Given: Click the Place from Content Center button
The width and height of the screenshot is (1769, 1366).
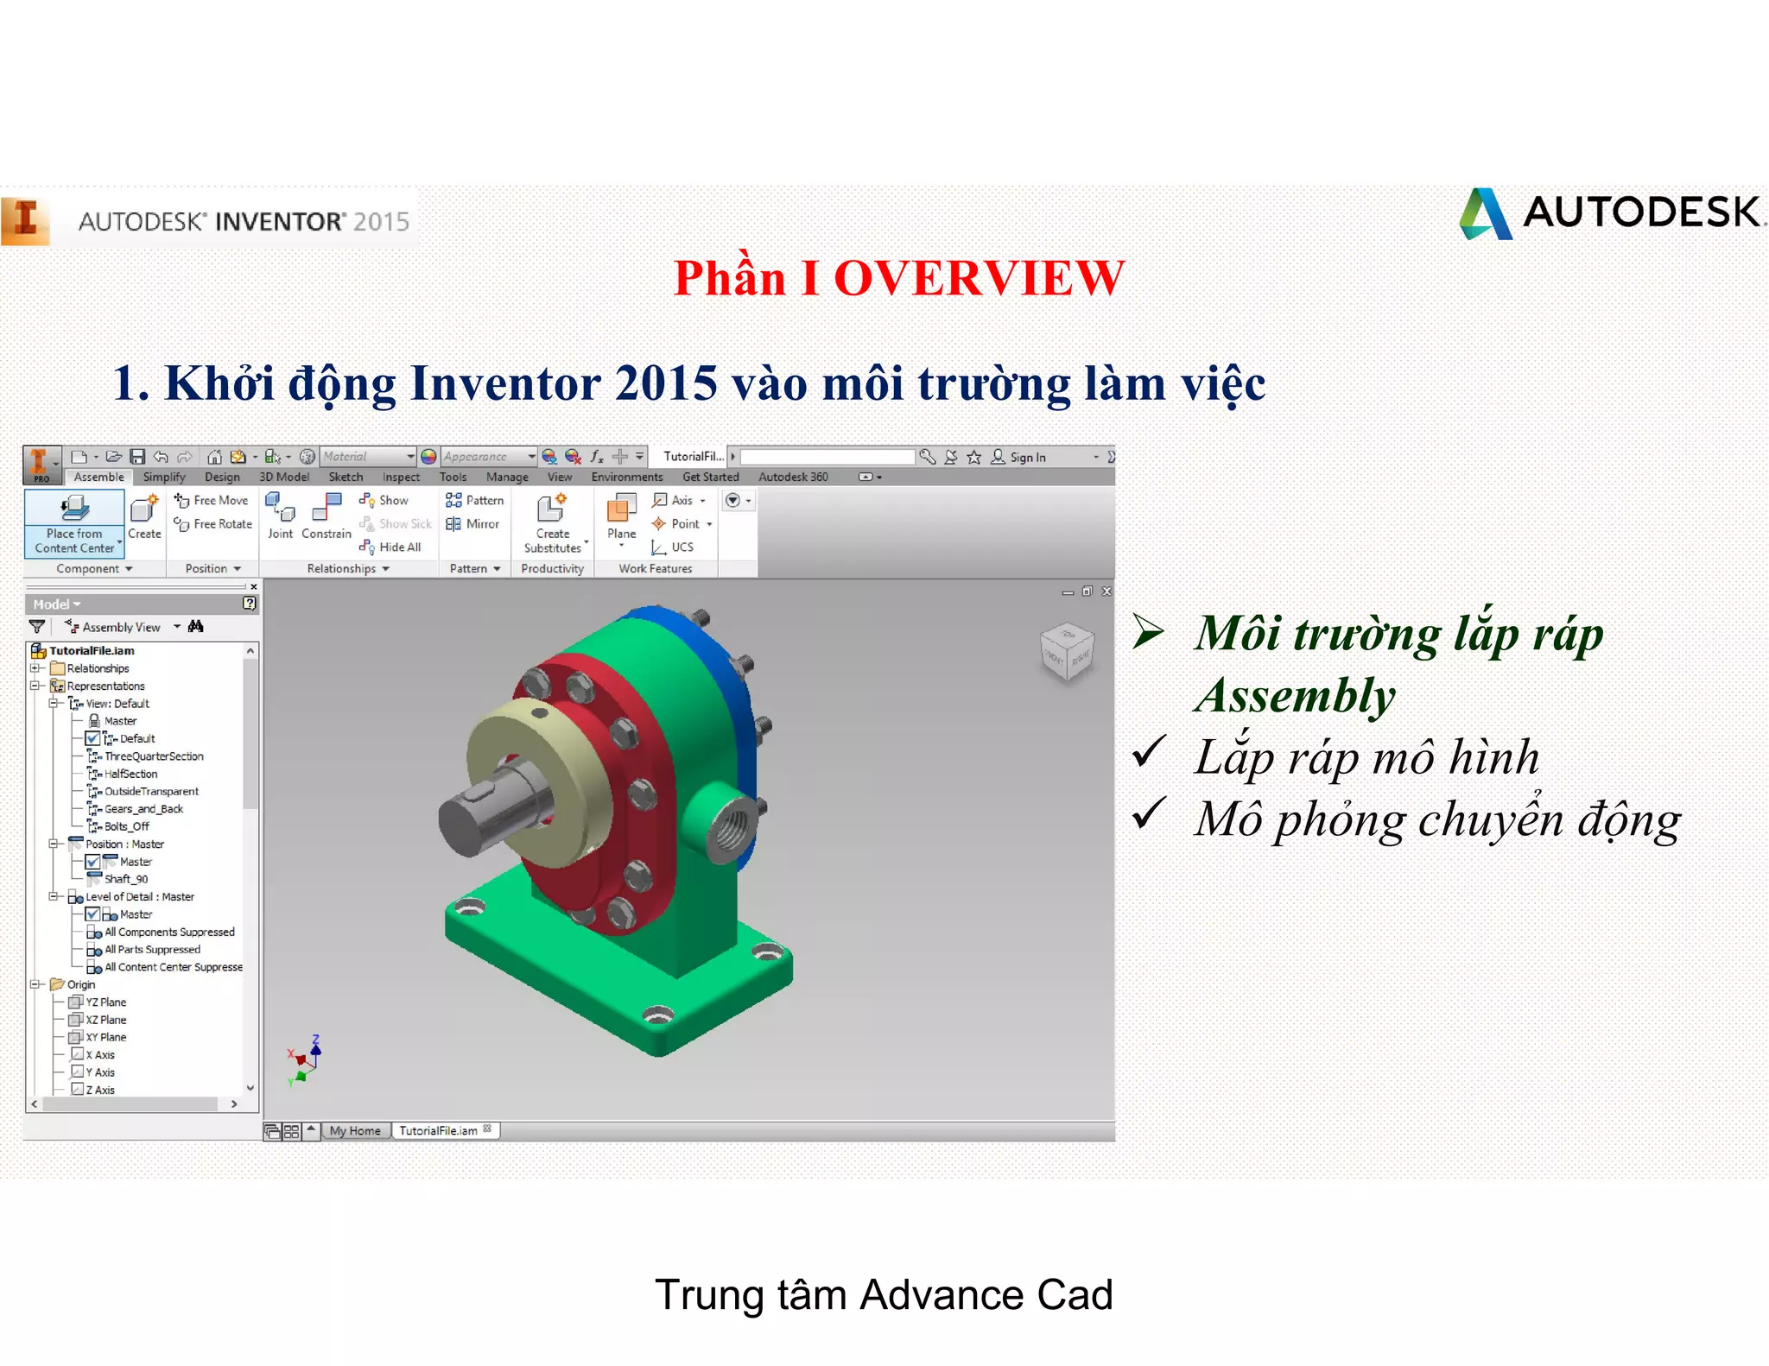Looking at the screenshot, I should (x=74, y=523).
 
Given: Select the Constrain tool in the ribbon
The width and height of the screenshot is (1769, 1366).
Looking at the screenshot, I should (x=327, y=515).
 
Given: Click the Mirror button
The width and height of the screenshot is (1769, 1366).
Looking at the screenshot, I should (x=473, y=524).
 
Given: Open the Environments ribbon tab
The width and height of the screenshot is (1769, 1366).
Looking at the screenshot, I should (x=627, y=477).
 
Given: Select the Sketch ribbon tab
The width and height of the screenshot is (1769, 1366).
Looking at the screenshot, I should (x=346, y=477).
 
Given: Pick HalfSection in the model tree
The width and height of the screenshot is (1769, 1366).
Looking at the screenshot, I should (x=130, y=775).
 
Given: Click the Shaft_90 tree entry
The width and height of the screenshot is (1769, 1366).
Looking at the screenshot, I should (x=125, y=880).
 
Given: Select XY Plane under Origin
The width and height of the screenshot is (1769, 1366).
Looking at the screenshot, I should (x=105, y=1038).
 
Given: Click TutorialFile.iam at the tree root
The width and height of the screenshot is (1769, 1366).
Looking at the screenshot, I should (x=92, y=651).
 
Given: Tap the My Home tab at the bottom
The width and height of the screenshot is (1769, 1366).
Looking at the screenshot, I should (x=355, y=1131).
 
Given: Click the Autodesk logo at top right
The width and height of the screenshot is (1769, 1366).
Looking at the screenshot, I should (x=1611, y=213).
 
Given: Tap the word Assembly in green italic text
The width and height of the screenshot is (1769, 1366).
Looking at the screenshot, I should (x=1295, y=696).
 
